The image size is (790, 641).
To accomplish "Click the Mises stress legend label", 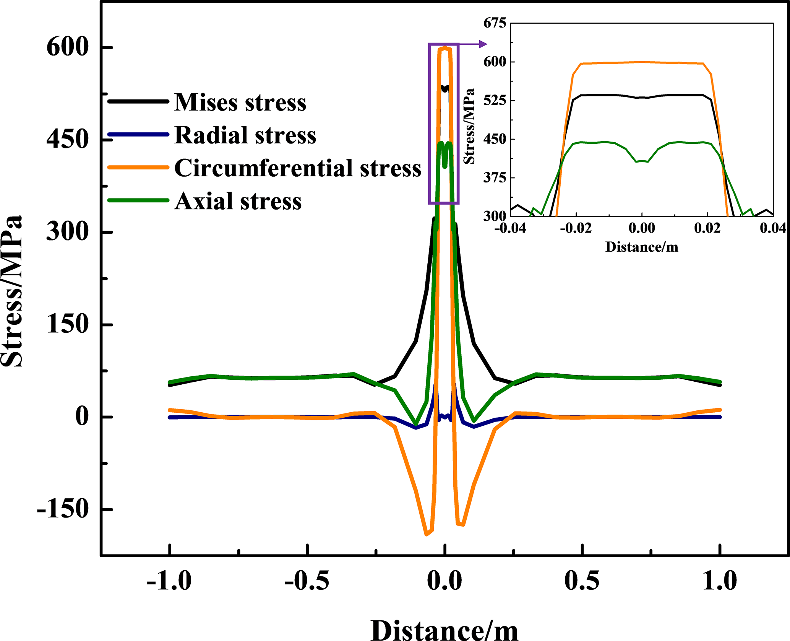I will click(240, 102).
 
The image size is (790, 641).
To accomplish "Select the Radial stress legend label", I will click(245, 135).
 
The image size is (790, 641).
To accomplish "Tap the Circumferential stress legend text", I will click(297, 168).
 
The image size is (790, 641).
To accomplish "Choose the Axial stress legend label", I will click(238, 201).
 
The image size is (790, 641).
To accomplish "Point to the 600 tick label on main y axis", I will click(68, 47).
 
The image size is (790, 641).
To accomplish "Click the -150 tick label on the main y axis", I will click(63, 509).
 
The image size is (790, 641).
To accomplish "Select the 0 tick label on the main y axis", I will click(82, 416).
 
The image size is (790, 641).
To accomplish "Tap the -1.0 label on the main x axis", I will click(169, 581).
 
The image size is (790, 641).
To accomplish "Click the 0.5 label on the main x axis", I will click(582, 581).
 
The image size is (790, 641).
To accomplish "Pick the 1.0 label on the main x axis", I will click(720, 581).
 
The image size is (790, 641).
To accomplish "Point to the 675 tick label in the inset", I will click(495, 23).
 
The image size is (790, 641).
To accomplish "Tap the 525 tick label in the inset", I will click(495, 101).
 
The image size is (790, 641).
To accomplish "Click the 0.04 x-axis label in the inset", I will click(773, 228).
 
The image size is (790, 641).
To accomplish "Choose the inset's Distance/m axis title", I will click(642, 247).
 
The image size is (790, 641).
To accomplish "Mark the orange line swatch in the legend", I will click(138, 168).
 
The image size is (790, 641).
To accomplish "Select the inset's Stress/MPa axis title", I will click(469, 126).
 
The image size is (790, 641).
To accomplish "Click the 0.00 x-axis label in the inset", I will click(642, 228).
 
